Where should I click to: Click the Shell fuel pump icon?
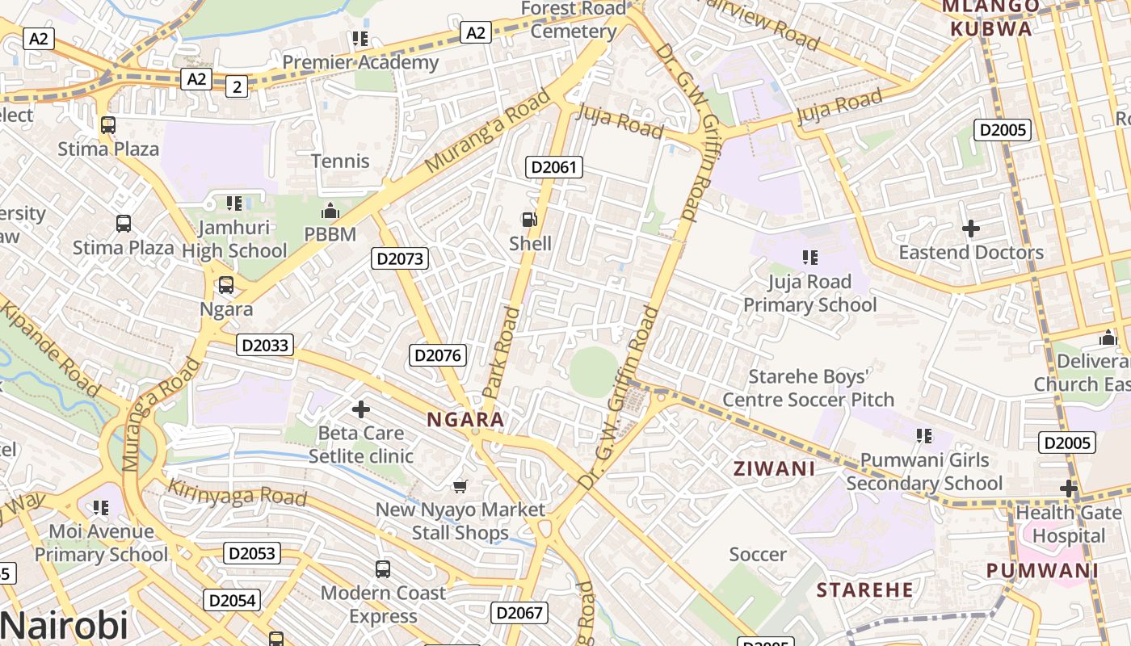(529, 219)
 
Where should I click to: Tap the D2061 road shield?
(554, 167)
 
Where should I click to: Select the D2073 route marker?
(400, 258)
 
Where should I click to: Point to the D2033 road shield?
(266, 345)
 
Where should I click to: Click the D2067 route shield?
(519, 612)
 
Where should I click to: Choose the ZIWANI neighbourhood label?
(774, 468)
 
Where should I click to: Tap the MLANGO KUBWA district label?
(991, 18)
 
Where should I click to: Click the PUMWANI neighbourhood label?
(1042, 570)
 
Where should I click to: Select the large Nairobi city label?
(65, 625)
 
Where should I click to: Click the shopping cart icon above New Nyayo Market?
(460, 485)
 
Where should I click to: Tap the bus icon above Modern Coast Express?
(383, 569)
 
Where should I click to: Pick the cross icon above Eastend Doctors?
(971, 229)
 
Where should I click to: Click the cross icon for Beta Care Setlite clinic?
(361, 409)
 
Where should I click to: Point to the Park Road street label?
(502, 352)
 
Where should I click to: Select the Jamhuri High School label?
(234, 239)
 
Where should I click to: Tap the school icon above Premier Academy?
(360, 38)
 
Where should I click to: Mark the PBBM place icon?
(330, 212)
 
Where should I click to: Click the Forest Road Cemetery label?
(574, 19)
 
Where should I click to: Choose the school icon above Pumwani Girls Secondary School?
(924, 436)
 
